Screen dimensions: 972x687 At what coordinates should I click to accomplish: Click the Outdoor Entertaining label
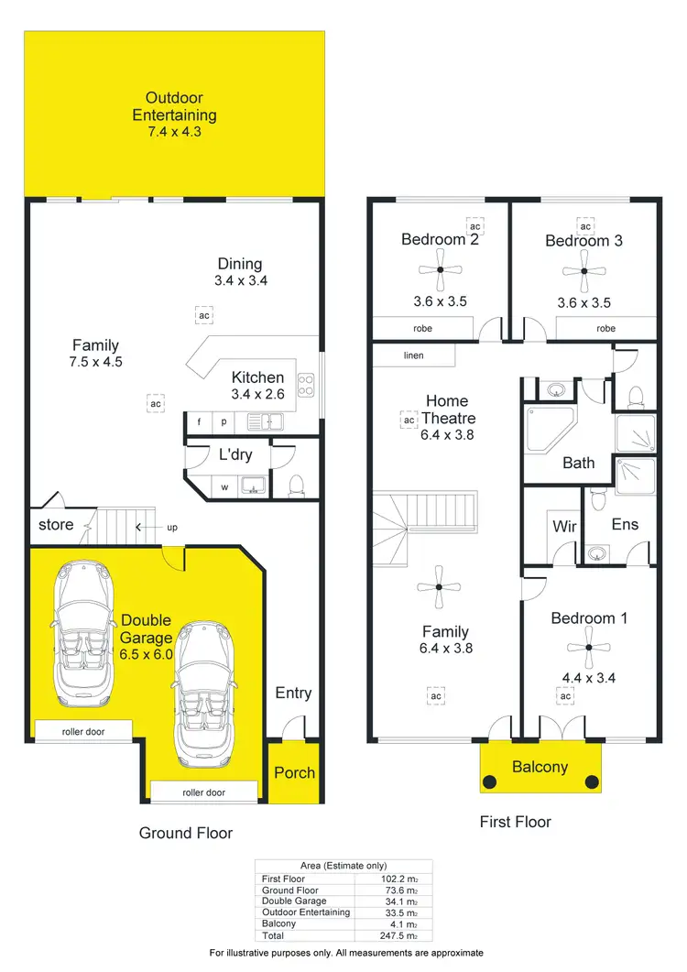(x=174, y=106)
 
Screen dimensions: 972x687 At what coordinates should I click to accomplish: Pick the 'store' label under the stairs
(x=56, y=526)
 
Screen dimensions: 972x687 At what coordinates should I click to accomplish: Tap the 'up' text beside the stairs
(x=172, y=528)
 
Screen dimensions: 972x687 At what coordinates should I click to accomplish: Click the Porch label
(x=295, y=772)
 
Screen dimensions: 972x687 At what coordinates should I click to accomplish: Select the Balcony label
(x=540, y=767)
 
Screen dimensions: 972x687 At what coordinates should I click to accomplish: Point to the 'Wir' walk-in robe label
(x=564, y=528)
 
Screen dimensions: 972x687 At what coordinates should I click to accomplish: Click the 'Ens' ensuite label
(x=625, y=525)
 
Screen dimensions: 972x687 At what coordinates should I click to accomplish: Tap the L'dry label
(x=235, y=455)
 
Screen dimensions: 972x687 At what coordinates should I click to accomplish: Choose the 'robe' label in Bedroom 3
(x=606, y=328)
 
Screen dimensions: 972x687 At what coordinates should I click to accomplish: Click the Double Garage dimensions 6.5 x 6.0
(x=147, y=654)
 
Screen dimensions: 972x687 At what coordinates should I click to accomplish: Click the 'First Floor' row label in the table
(x=283, y=879)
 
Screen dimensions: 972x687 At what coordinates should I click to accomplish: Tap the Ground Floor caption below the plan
(x=186, y=833)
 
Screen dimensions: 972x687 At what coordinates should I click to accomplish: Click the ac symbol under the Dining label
(x=202, y=315)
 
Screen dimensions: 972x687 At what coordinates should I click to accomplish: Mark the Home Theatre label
(x=447, y=410)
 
